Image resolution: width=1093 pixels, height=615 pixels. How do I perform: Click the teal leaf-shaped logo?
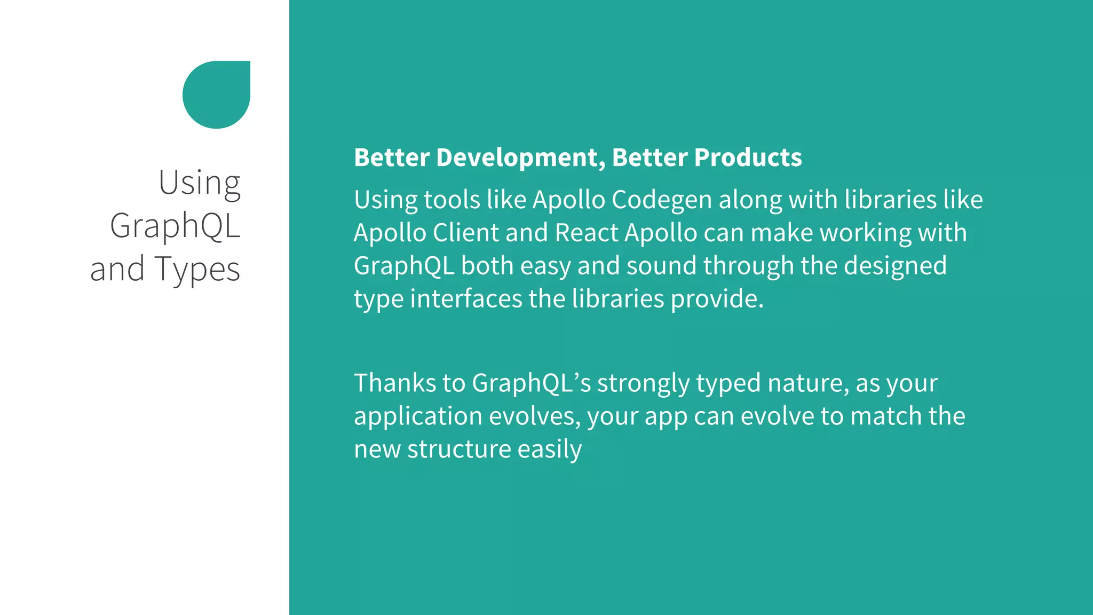tap(216, 94)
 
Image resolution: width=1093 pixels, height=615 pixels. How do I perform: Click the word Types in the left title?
tap(197, 270)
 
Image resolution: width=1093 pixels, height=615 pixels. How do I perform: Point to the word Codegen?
tap(662, 200)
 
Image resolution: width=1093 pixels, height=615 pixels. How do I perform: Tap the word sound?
tap(661, 266)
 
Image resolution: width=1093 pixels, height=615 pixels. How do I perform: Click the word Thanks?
tap(394, 383)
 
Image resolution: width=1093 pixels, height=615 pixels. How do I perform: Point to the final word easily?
tap(549, 450)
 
